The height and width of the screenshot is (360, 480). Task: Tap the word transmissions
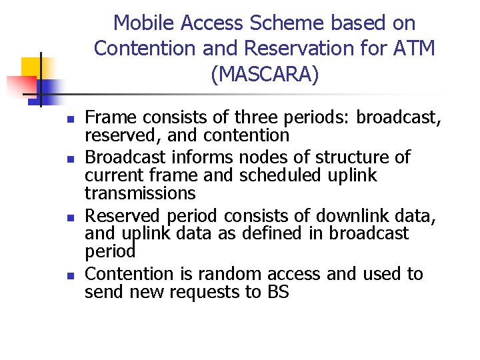coord(140,193)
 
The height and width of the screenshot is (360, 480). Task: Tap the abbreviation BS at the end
coord(276,292)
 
